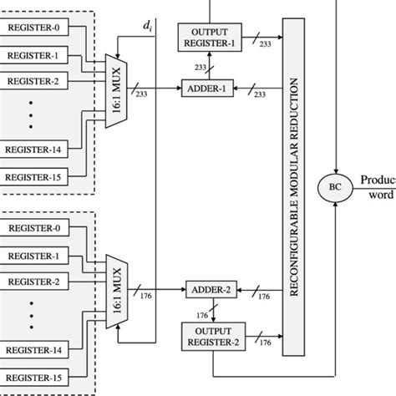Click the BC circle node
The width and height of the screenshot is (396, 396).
tap(335, 183)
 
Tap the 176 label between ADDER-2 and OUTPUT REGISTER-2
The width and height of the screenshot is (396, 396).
tap(201, 316)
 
